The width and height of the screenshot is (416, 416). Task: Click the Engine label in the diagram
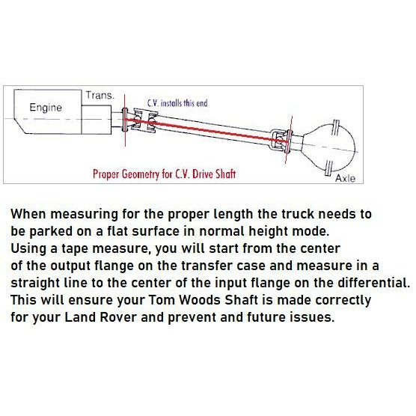click(x=46, y=108)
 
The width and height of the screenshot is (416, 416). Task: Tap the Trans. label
click(x=100, y=95)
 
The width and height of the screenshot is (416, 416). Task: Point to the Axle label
click(x=345, y=178)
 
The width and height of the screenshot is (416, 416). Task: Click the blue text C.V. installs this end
click(x=177, y=103)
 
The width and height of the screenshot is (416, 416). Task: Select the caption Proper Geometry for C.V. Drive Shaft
click(x=164, y=174)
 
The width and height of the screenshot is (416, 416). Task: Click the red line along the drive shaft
click(x=207, y=130)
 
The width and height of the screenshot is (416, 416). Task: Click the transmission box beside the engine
click(x=96, y=120)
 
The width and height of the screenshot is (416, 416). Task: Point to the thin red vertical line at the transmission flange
click(x=125, y=120)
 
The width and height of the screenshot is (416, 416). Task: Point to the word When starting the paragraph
click(x=28, y=214)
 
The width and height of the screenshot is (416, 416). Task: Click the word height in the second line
click(x=268, y=231)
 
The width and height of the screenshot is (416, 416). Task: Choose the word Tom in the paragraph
click(x=162, y=300)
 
